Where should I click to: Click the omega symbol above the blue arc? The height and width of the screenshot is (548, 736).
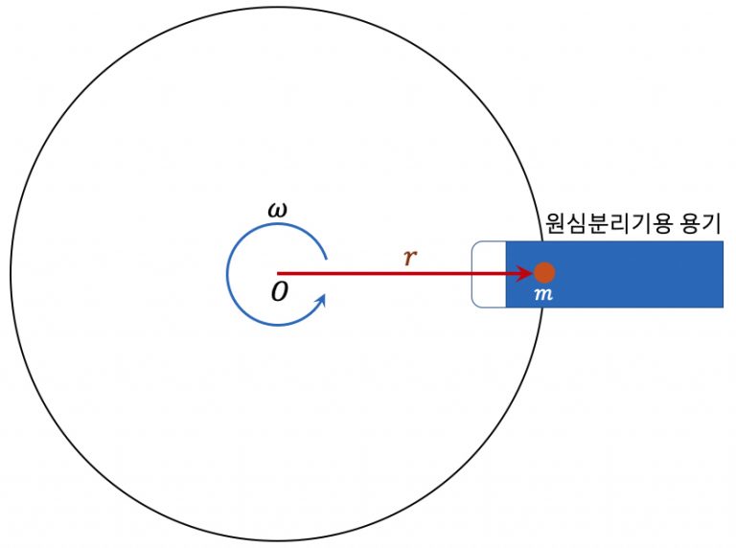click(x=277, y=211)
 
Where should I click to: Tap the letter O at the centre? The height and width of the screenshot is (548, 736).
click(x=280, y=291)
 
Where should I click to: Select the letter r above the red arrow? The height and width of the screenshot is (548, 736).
click(x=410, y=257)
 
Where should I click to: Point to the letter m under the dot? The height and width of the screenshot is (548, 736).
click(x=543, y=294)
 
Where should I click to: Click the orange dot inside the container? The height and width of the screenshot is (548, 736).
click(x=544, y=273)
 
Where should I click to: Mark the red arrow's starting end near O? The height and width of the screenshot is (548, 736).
click(x=278, y=273)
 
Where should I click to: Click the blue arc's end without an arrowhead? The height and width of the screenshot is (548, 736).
click(x=326, y=258)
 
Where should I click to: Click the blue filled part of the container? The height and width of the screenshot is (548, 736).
click(x=614, y=274)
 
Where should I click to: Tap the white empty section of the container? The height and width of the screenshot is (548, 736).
click(x=489, y=274)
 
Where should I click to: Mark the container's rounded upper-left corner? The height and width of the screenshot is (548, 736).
click(x=474, y=244)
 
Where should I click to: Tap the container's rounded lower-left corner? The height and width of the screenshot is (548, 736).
click(x=474, y=305)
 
